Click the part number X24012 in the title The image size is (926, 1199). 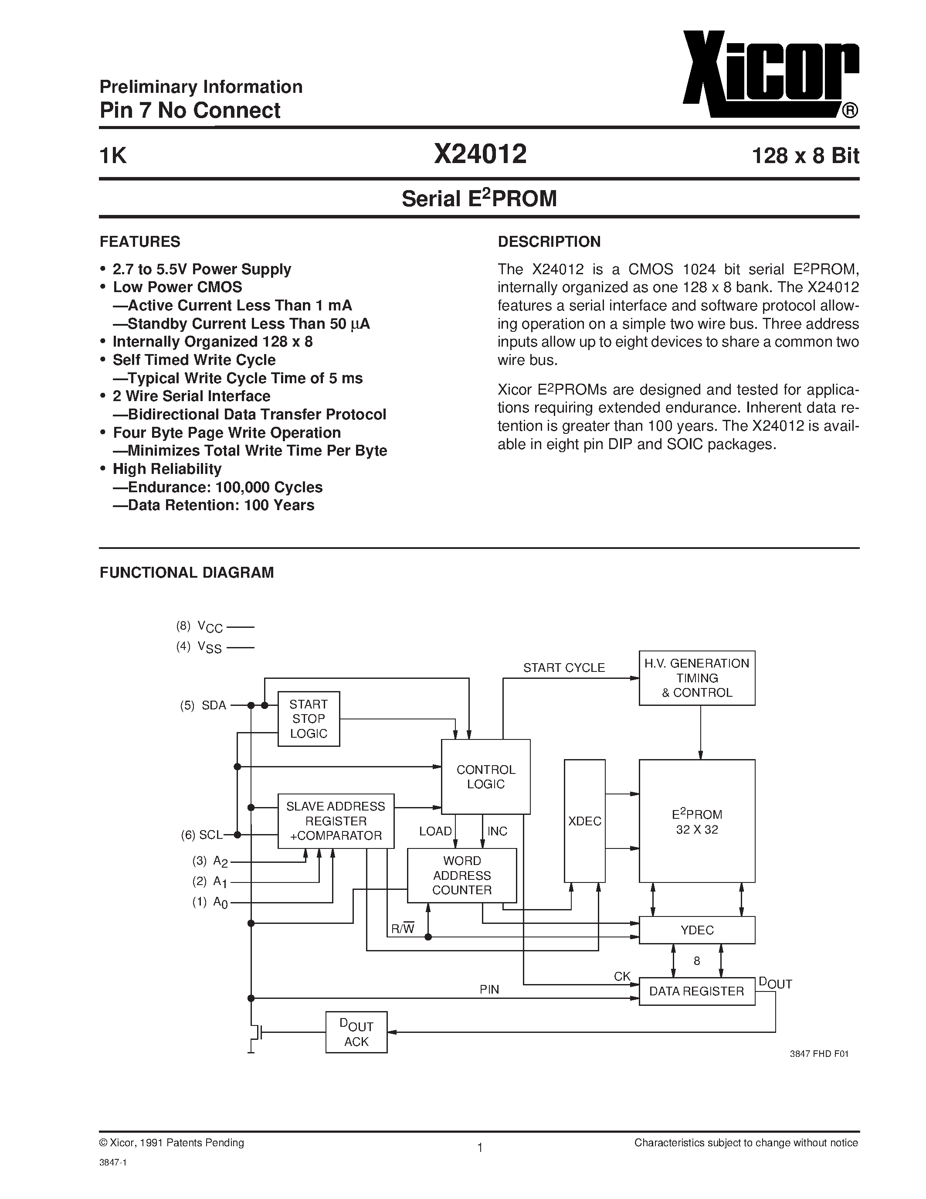click(480, 154)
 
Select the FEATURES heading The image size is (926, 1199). click(139, 242)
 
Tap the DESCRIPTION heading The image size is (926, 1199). click(549, 242)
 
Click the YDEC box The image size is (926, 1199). click(697, 930)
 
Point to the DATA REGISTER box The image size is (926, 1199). click(697, 991)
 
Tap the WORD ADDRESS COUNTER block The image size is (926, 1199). click(461, 875)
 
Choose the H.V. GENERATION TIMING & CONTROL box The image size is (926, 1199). click(697, 678)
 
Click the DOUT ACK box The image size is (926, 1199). click(356, 1032)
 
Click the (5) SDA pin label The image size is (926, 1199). click(203, 705)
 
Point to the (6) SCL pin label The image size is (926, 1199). click(202, 835)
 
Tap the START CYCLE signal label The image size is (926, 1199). click(563, 668)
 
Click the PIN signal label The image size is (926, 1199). click(489, 989)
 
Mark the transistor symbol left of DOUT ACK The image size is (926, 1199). click(256, 1033)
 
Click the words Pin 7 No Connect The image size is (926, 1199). click(190, 110)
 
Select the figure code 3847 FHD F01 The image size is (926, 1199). click(819, 1053)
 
